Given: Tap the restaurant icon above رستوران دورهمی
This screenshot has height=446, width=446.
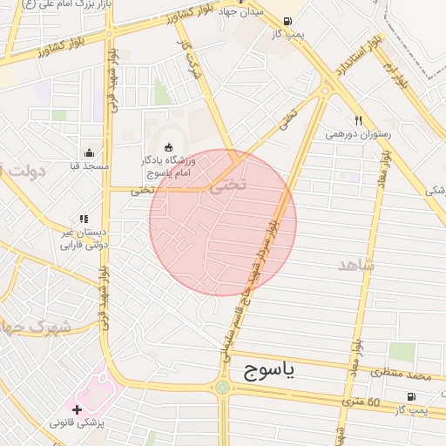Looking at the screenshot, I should pyautogui.click(x=358, y=121).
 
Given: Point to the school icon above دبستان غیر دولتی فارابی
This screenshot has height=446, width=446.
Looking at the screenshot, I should pyautogui.click(x=83, y=219).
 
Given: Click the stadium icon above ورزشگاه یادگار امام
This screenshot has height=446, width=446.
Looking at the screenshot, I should pyautogui.click(x=168, y=145).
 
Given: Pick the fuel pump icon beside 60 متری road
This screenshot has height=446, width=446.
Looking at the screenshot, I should pyautogui.click(x=410, y=396).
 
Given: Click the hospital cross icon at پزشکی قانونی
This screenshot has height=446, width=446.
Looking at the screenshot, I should pyautogui.click(x=78, y=409).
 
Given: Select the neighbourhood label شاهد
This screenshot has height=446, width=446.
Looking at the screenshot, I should pyautogui.click(x=355, y=264).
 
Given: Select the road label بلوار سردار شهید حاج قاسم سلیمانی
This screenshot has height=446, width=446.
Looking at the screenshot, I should pyautogui.click(x=253, y=287).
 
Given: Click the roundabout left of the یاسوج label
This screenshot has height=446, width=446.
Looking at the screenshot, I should pyautogui.click(x=222, y=387).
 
